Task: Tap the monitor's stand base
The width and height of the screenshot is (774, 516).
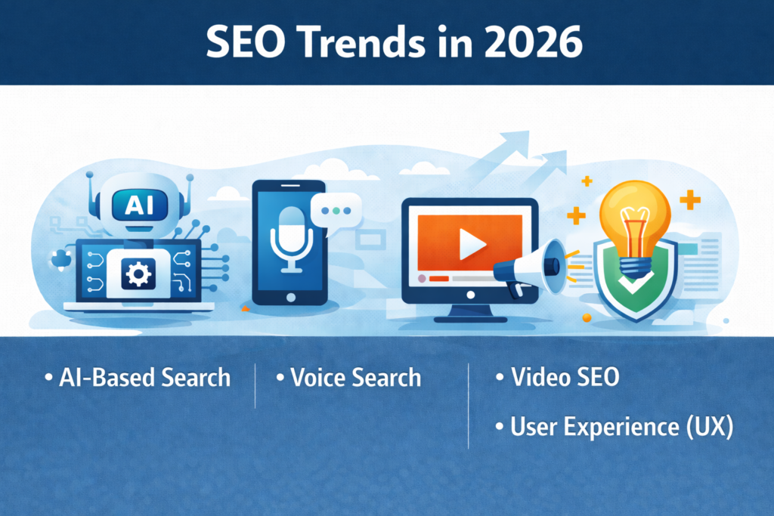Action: click(x=470, y=319)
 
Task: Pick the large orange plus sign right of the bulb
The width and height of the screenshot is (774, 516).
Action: click(x=689, y=199)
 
